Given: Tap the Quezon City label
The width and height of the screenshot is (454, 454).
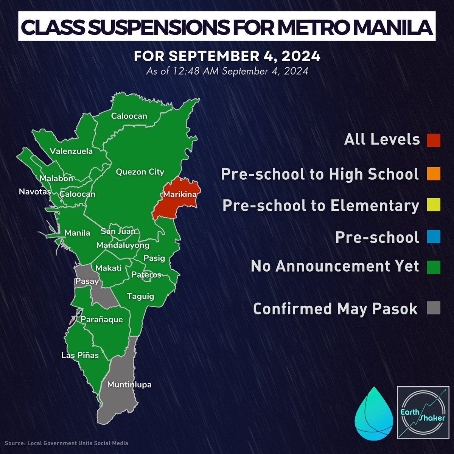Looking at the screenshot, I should [140, 172].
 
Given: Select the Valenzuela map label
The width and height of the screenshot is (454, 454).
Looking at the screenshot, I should [71, 151].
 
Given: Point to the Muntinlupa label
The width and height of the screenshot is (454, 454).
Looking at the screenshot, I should [129, 385].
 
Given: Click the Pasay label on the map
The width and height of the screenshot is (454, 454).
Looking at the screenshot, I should [87, 281].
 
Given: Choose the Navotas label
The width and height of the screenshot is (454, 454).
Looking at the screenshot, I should [35, 192].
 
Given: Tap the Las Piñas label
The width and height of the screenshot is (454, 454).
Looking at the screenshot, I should [80, 355].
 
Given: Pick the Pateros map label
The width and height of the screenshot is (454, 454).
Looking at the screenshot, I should [146, 275].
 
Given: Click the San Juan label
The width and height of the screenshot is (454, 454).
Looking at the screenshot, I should [118, 231].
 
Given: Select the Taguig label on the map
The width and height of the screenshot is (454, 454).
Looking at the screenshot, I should [140, 296].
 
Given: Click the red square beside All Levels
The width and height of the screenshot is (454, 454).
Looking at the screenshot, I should [434, 140].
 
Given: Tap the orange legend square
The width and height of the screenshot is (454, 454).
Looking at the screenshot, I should [434, 174].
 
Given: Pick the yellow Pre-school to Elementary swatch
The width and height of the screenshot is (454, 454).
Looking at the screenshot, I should [434, 205].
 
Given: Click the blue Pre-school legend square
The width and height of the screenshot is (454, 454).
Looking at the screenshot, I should [434, 237].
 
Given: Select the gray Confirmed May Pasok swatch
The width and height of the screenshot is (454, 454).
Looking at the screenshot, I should [434, 308].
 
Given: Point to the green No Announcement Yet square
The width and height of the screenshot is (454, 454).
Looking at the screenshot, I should [434, 266].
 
